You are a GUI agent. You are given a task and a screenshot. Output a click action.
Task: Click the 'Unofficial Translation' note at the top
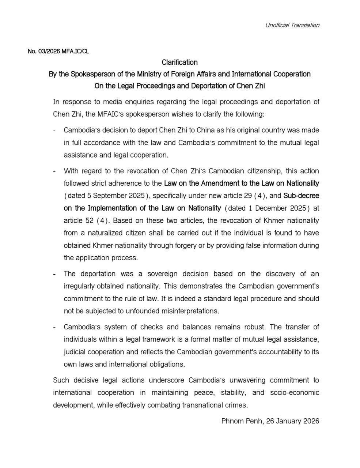[x=292, y=25]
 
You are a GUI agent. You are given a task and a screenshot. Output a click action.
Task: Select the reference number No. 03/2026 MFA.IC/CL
[x=58, y=51]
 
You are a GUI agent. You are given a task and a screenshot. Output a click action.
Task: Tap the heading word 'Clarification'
[x=179, y=62]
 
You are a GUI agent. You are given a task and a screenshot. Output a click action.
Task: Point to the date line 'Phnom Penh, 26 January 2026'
[x=270, y=421]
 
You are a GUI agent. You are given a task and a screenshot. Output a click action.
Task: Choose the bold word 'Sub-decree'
[x=301, y=196]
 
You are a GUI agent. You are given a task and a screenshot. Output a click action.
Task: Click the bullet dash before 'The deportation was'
[x=54, y=274]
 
